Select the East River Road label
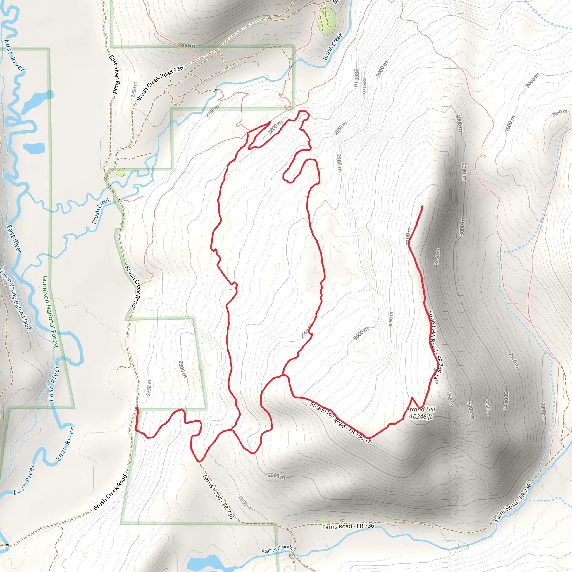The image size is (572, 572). pos(115,74)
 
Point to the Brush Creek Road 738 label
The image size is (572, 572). pos(160,83)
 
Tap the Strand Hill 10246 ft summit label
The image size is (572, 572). pos(421,413)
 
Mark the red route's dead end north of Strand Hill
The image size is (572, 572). pos(421,206)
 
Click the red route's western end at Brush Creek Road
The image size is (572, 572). pos(137,408)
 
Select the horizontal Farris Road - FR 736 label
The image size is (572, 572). pos(348,526)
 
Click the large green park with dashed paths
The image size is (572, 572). pos(327,21)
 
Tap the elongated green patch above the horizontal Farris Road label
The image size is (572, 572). pos(322,521)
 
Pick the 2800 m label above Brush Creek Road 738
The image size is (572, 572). pos(186,45)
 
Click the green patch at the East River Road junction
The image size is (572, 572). pos(120,172)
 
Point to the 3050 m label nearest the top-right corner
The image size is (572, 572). pos(559,113)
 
